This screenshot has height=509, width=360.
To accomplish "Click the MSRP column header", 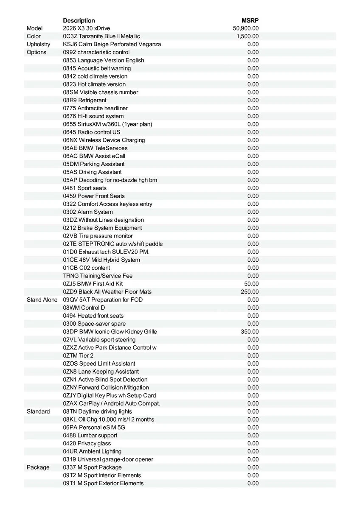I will pos(250,20).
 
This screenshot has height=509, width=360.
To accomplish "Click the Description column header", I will pos(79,20).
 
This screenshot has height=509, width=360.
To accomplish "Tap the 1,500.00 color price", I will pos(247,36).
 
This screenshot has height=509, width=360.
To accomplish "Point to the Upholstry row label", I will pos(38,44).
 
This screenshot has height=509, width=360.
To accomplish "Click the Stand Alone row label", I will pos(42,299).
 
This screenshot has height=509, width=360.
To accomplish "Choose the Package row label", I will pos(38,467).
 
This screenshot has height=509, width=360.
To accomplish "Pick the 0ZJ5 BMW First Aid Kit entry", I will pos(93,284).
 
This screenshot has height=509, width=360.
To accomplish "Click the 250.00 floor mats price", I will pos(250,292).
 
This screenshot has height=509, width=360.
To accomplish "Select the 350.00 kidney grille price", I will pos(250,332).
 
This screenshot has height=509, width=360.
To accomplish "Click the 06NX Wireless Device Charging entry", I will pos(104,140).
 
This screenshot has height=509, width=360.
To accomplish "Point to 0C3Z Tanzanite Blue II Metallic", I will pos(101,36).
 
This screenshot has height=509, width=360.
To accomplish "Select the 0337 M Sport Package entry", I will pos(92,467).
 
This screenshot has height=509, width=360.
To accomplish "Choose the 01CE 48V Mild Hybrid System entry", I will pos(101,260).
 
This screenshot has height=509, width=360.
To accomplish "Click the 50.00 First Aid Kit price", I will pos(251,284).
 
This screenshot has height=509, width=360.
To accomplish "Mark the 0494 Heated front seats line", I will pos(93,316).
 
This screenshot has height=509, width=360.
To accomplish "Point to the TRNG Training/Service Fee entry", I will pos(98,276).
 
